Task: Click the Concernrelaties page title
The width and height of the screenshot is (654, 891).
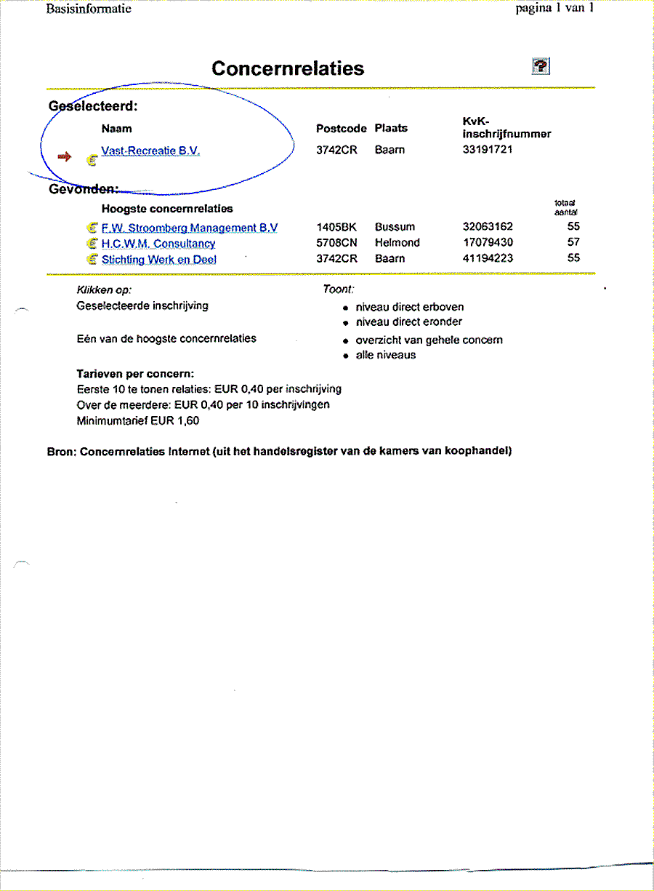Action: point(288,69)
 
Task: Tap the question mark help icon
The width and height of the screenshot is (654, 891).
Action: point(541,66)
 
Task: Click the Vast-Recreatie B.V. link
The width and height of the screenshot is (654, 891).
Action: point(150,151)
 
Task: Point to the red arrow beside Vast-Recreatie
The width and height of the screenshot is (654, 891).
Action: point(65,156)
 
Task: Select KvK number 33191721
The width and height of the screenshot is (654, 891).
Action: point(488,150)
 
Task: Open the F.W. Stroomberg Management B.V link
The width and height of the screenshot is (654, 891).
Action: point(189,228)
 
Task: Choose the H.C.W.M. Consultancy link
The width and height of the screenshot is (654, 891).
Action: point(158,244)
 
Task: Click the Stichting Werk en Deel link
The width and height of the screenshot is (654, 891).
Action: point(159,260)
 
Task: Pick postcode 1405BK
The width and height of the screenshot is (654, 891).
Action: point(336,227)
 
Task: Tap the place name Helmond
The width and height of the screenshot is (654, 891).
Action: point(397,243)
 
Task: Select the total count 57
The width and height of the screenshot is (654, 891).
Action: point(573,242)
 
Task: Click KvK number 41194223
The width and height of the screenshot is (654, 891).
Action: point(488,258)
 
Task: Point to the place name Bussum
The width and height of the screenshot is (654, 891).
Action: point(395,227)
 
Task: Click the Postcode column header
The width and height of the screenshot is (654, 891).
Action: point(342,129)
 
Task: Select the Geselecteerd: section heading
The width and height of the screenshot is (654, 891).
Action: point(93,106)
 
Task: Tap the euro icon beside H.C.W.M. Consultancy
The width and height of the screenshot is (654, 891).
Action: point(92,244)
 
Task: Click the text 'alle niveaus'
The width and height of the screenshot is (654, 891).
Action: point(385,356)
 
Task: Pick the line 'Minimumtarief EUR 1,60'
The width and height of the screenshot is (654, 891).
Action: point(137,421)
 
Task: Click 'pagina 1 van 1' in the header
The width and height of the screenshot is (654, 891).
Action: point(554,9)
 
